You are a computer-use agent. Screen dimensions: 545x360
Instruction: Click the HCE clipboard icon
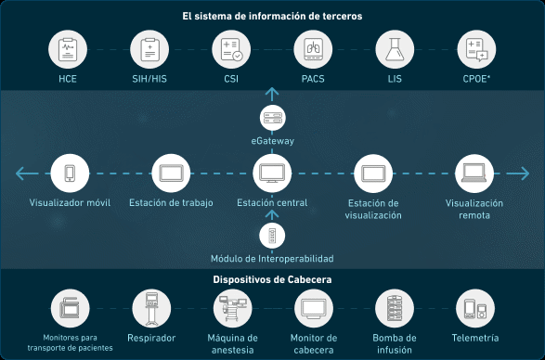[68, 49]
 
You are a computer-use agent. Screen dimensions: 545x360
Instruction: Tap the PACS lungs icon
[313, 49]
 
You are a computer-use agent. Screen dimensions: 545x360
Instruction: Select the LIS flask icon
[395, 49]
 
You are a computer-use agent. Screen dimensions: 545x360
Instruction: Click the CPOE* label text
[476, 79]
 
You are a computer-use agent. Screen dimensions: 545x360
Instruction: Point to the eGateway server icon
[273, 118]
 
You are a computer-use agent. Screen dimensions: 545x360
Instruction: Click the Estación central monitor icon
[272, 174]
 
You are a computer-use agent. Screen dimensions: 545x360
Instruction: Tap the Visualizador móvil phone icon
[70, 174]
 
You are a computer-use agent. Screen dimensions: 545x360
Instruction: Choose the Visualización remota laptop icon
[474, 174]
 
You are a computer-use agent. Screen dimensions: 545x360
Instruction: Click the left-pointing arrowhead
[20, 174]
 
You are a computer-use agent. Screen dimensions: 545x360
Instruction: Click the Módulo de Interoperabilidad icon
[272, 236]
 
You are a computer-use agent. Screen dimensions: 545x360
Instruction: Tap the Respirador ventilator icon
[151, 309]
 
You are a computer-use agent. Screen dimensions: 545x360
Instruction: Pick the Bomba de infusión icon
[395, 309]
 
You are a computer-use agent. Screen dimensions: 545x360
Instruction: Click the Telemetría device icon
[475, 309]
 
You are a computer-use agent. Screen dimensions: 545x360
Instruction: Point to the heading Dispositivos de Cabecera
[272, 279]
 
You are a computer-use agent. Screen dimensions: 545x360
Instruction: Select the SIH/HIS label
[149, 79]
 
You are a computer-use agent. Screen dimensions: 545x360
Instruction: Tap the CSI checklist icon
[231, 49]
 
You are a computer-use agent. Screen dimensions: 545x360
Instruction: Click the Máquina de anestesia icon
[232, 309]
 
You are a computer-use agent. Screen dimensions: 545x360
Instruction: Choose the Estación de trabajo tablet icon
[171, 174]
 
